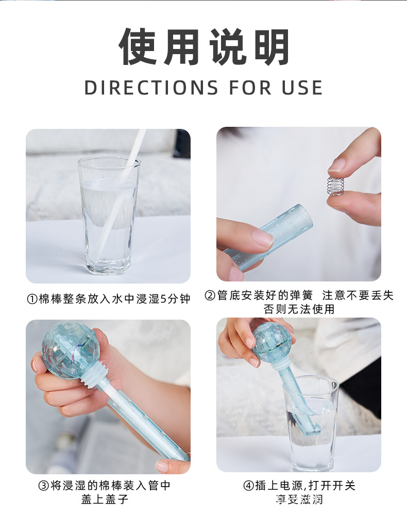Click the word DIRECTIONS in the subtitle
(151, 88)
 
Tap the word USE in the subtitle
(302, 88)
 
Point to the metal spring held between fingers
(335, 187)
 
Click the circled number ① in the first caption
(32, 299)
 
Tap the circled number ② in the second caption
(210, 295)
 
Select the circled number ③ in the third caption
(44, 486)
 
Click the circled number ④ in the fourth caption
(248, 486)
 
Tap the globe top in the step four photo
(272, 342)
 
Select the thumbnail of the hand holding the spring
(299, 204)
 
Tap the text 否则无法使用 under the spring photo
(299, 309)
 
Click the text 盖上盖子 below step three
(105, 499)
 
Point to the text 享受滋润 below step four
(299, 499)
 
